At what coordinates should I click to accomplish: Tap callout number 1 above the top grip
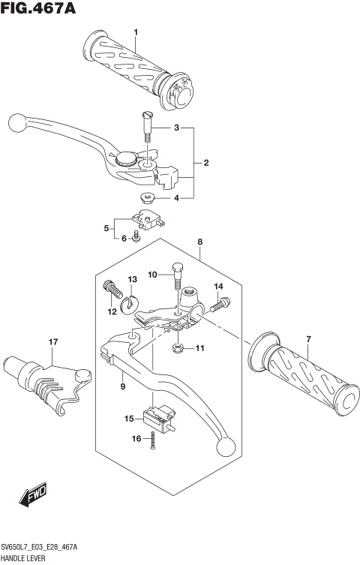[x=136, y=32]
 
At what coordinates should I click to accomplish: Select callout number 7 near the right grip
[x=307, y=339]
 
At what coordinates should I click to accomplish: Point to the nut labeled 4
[x=147, y=199]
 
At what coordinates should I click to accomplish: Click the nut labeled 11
[x=178, y=348]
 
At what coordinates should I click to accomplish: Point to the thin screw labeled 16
[x=152, y=440]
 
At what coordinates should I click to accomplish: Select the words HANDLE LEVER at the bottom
[x=25, y=558]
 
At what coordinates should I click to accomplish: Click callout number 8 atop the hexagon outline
[x=200, y=242]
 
